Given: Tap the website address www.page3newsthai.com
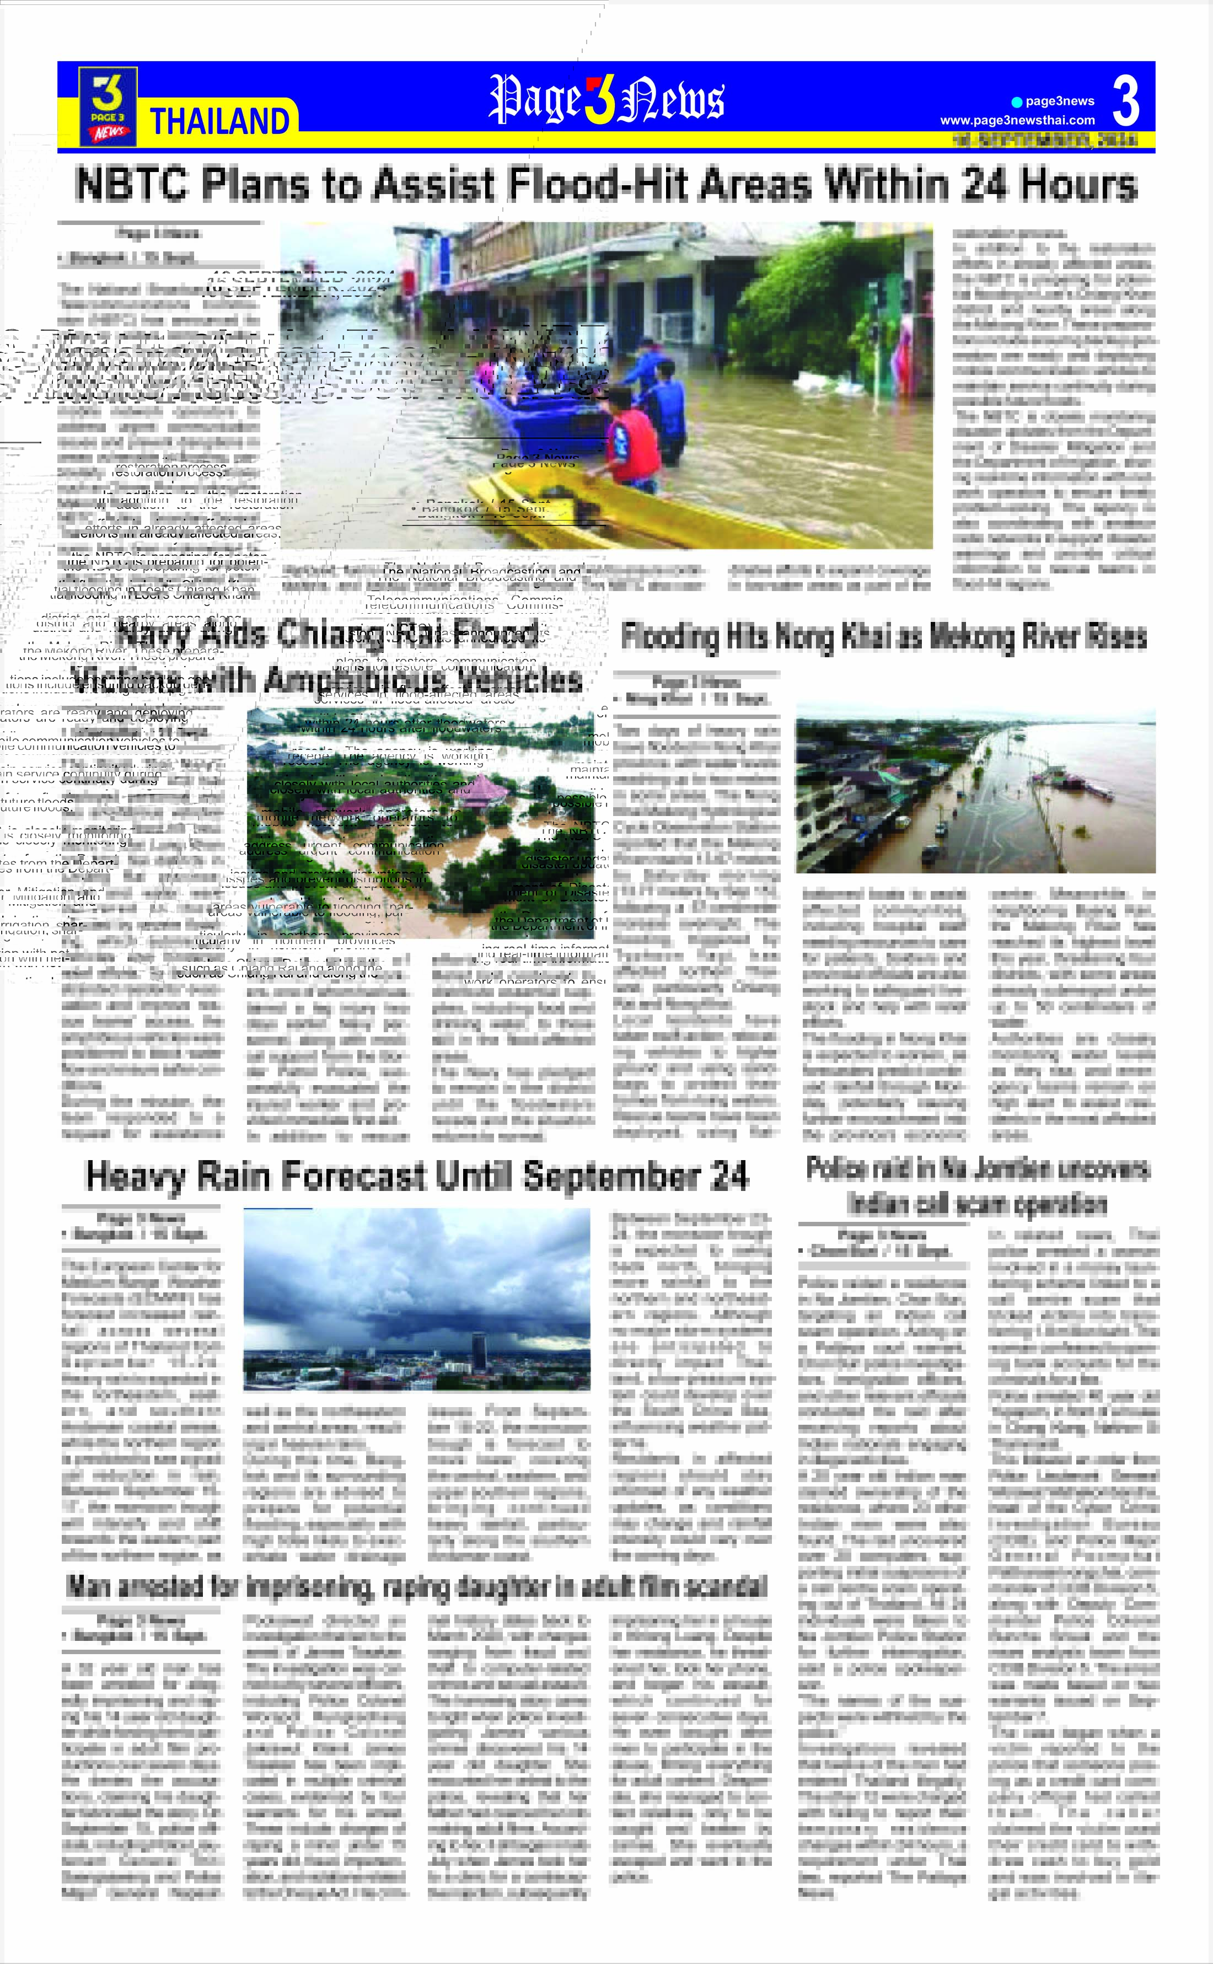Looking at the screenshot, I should coord(1017,120).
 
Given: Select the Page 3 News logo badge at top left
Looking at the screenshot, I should coord(108,106).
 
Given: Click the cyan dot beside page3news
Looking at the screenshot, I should coord(1017,102).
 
